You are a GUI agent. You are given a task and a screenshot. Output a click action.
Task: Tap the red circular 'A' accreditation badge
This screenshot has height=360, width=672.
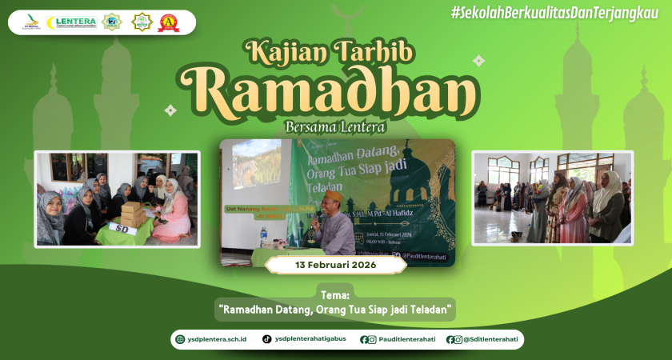tap(169, 22)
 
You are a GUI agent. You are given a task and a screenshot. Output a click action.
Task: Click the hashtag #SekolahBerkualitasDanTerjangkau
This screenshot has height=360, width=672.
tap(554, 12)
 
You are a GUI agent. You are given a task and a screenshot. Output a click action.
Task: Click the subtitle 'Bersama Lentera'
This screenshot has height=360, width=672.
tap(335, 126)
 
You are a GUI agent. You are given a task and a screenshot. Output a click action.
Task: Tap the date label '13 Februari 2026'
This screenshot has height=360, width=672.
tap(335, 265)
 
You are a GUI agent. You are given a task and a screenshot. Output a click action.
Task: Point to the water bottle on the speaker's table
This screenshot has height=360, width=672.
tap(263, 237)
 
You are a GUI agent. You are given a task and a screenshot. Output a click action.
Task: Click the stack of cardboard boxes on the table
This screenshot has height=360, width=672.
tap(133, 214)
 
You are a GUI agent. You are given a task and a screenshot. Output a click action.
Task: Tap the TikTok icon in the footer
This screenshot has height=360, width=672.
tap(266, 339)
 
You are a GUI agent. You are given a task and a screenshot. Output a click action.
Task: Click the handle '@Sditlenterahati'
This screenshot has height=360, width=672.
tap(490, 339)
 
